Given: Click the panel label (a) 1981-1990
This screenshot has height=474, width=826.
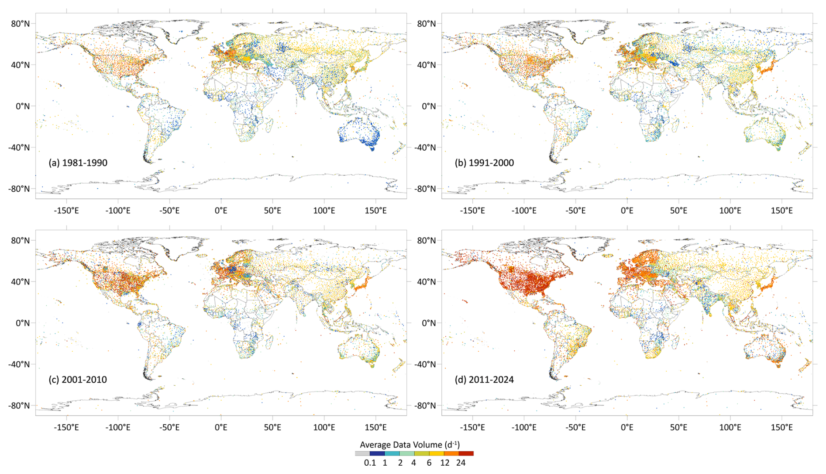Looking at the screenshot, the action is point(78,163).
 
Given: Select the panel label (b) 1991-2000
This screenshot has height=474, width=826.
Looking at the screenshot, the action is point(484,163).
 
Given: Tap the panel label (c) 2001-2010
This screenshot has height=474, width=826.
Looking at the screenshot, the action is point(78,380).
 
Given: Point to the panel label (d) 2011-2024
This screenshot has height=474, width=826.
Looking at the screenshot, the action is point(484,380).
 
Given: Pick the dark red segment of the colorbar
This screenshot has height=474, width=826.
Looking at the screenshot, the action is point(466,453).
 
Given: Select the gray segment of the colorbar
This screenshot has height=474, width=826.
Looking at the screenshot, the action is point(362,453).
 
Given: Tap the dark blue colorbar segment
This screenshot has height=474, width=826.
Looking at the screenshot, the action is point(377,453).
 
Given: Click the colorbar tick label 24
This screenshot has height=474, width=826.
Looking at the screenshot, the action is point(461,463).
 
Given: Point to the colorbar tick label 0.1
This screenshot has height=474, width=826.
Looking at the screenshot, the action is point(370,463).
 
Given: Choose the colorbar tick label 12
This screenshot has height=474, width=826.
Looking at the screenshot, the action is point(445,463).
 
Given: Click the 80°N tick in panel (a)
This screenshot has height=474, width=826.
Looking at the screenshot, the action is point(21,24).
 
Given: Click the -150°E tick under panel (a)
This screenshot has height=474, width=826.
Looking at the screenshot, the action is point(66,211).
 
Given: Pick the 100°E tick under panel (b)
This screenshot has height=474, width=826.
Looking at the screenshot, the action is point(730,211).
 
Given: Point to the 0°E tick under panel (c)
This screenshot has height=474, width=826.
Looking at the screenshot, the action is point(221,427).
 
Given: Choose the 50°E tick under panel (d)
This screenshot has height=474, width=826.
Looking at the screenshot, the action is point(679,427).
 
